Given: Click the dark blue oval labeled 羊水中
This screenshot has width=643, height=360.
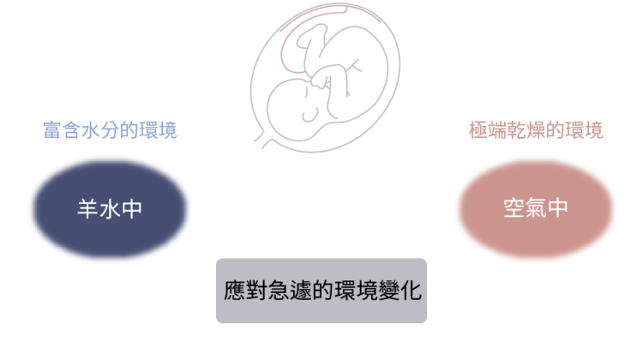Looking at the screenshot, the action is [110, 208].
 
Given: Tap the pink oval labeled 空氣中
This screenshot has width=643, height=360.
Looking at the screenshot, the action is [536, 208].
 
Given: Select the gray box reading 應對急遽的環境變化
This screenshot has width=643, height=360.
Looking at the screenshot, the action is [321, 291].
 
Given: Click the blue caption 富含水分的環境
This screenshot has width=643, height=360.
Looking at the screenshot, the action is [110, 130].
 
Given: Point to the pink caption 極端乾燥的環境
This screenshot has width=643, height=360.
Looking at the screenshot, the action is [536, 130].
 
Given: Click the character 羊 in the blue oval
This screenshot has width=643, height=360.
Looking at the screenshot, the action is [87, 208].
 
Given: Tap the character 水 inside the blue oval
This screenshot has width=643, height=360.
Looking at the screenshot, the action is [110, 209].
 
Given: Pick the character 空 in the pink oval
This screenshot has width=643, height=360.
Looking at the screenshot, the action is [514, 208].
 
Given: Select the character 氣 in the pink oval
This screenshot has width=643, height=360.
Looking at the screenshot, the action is [536, 208].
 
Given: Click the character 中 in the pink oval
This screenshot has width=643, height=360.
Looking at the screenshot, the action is [558, 208].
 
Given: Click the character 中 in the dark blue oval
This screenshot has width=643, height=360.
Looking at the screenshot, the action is [132, 209].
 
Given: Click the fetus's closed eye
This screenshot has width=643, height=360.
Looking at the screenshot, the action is [310, 115].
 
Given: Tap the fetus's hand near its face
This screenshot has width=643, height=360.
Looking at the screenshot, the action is [319, 81].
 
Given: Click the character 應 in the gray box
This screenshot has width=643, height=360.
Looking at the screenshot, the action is [235, 291].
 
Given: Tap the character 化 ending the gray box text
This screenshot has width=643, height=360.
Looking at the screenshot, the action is [411, 291].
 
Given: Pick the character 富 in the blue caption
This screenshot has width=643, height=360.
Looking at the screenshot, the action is [52, 130].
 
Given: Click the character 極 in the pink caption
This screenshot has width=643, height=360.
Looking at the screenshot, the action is [478, 130].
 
